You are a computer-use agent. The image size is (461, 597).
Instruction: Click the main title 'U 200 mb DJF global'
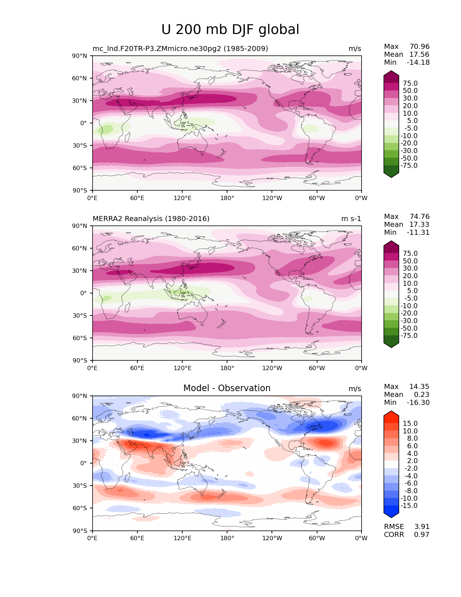tap(230, 30)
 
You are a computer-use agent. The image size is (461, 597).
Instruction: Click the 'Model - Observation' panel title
tap(227, 388)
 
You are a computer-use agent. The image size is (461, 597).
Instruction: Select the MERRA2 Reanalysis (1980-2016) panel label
tap(151, 219)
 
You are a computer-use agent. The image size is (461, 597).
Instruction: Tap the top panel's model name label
tap(180, 49)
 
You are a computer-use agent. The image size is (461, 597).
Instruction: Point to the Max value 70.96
tap(419, 47)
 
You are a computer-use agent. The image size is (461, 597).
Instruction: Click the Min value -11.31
tap(418, 233)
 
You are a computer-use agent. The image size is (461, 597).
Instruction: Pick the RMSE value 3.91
tap(422, 527)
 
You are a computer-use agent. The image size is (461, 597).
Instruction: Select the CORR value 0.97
tap(422, 535)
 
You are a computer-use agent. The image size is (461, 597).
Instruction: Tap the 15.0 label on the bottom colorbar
tap(410, 424)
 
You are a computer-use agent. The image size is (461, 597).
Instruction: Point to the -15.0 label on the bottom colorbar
tap(409, 506)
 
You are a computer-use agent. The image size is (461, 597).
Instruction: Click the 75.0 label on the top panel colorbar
tap(410, 84)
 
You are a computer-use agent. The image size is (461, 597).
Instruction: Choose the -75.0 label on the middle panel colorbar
tap(409, 336)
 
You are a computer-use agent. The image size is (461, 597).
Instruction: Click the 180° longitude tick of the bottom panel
tap(227, 538)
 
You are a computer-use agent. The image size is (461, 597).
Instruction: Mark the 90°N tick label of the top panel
tap(80, 56)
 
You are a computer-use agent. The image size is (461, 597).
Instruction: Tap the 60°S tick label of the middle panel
tap(80, 338)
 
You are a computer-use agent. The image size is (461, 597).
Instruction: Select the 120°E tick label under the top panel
tap(182, 198)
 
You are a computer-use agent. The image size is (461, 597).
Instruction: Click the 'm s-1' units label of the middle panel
tap(351, 219)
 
